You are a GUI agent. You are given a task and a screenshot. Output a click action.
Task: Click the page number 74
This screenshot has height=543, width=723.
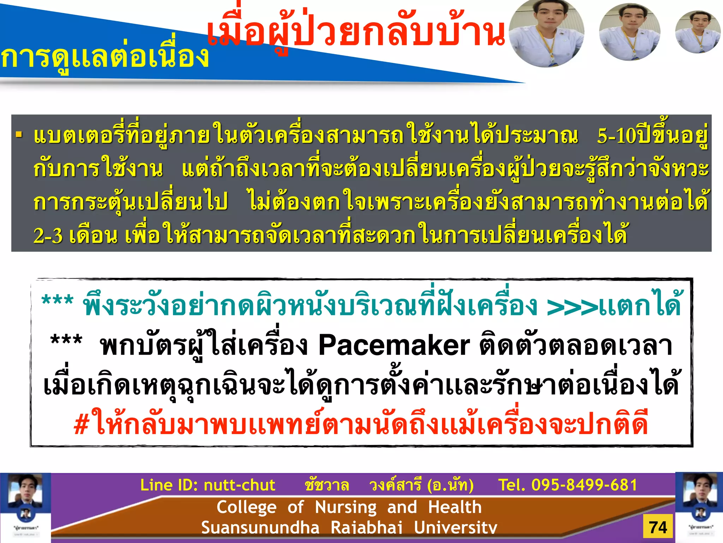pos(658,527)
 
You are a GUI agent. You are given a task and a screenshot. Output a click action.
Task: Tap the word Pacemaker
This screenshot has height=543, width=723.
pos(394,346)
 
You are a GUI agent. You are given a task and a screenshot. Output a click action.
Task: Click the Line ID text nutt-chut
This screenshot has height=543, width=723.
pos(240,485)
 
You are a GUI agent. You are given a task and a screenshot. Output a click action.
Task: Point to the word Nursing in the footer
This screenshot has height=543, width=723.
pos(346,507)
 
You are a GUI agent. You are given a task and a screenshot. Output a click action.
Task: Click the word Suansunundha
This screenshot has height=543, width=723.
pos(260,527)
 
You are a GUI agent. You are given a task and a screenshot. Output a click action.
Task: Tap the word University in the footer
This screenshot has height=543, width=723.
pos(455,527)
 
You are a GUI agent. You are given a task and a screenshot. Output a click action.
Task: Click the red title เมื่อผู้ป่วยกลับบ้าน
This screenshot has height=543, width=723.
pos(356,34)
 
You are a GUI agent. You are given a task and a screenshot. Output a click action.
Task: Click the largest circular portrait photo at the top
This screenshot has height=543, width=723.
pos(546,33)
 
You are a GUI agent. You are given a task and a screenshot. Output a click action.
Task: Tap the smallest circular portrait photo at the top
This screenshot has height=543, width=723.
pos(698,32)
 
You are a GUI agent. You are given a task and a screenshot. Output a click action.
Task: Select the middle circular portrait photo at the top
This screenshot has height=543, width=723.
pos(630,32)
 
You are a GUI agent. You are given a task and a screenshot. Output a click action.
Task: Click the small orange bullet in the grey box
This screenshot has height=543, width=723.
pos(19,135)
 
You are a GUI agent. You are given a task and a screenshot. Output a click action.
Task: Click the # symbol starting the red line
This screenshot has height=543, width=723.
pos(81,425)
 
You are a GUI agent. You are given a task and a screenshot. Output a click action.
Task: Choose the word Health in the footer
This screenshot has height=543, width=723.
pos(455,507)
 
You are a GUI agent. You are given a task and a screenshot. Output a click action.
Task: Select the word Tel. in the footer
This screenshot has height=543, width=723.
pos(511,485)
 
